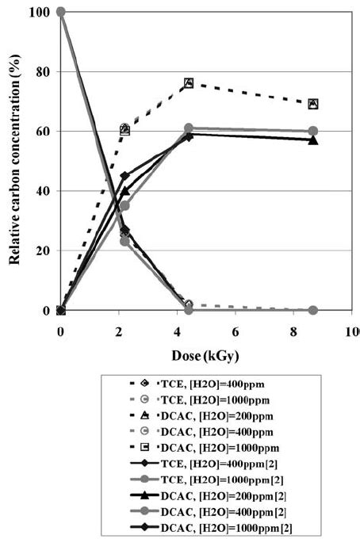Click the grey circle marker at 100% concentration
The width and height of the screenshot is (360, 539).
61,12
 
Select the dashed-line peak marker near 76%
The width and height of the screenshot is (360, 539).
189,83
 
